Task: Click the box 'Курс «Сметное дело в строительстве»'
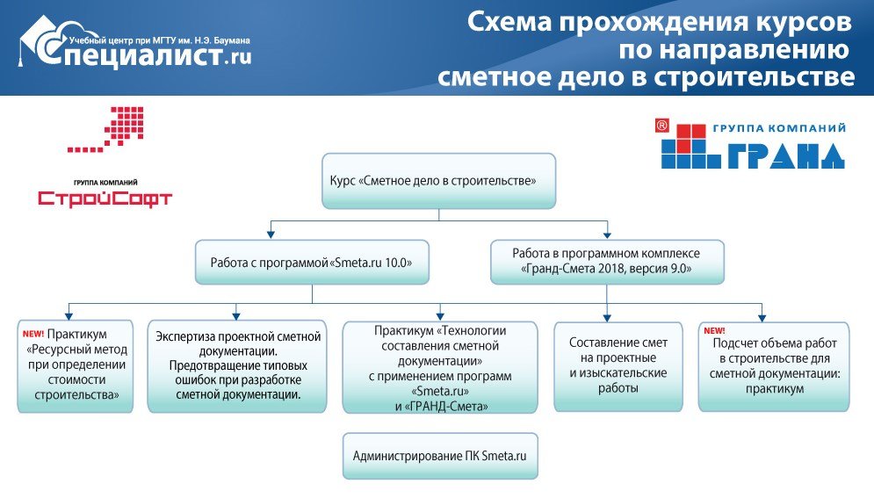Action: [x=438, y=181]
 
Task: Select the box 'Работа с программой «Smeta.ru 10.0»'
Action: [x=312, y=263]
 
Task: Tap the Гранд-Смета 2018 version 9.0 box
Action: [x=607, y=262]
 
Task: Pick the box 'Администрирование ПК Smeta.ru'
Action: [x=440, y=456]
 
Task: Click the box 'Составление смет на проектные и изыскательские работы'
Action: [x=618, y=366]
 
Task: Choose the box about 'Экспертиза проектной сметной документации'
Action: [x=237, y=366]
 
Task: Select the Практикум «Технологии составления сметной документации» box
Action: [x=440, y=367]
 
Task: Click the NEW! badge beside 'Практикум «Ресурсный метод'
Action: [x=33, y=335]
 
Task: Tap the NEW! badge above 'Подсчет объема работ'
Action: [x=714, y=331]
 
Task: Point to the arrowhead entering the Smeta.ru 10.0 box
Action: [x=271, y=235]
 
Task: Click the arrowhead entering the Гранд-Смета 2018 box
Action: [x=607, y=235]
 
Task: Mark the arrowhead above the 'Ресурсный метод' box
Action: [x=69, y=315]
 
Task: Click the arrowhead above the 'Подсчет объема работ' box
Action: [x=762, y=318]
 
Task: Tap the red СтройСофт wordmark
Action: [x=105, y=198]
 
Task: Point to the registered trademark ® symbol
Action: [x=661, y=126]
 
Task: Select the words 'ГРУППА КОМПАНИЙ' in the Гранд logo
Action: [x=779, y=129]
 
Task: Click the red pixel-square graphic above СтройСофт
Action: [x=106, y=129]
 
